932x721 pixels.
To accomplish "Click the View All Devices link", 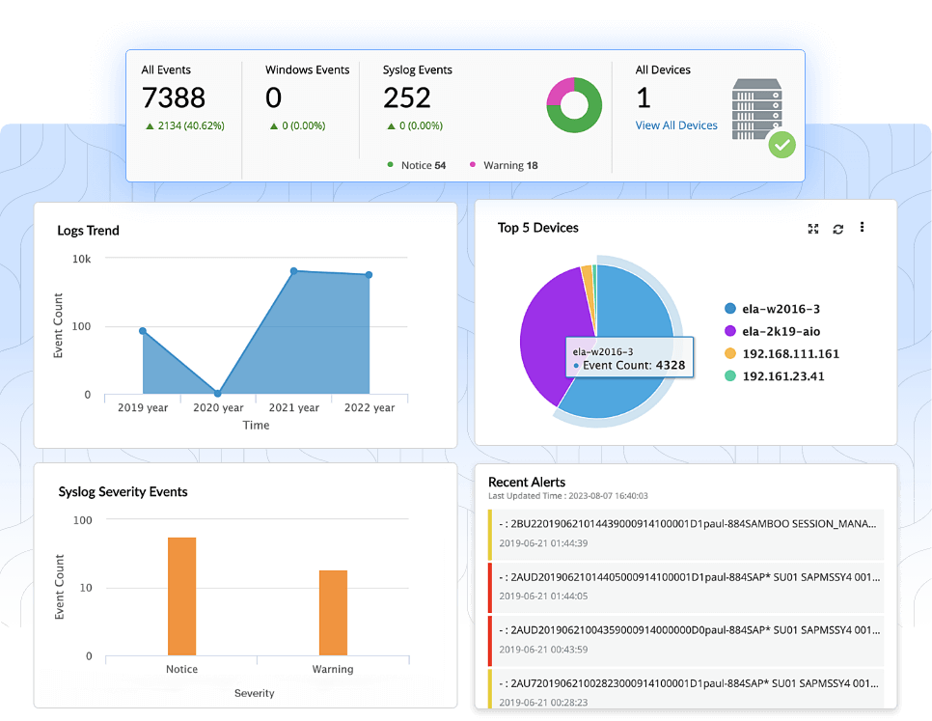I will point(676,125).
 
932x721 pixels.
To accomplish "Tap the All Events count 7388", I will point(174,97).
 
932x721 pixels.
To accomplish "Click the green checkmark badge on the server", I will point(781,146).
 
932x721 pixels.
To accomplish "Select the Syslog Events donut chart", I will point(574,104).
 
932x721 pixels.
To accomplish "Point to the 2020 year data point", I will point(218,393).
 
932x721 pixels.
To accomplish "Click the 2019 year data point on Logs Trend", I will point(143,331).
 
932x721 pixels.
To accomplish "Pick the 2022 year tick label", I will point(370,408).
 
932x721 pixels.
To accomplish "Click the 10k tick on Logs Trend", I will point(82,259).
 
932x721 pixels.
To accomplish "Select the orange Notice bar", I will point(181,596).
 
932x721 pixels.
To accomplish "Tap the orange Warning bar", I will point(333,612).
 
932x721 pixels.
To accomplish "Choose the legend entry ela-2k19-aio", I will point(781,331).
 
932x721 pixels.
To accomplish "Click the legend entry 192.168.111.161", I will point(790,354).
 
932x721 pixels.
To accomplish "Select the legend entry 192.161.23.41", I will point(782,376).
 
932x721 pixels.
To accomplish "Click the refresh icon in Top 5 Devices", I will point(837,229).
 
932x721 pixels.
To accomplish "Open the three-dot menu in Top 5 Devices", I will point(862,228).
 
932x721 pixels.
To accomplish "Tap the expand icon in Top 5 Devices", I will point(813,229).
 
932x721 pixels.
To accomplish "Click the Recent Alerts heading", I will point(527,482).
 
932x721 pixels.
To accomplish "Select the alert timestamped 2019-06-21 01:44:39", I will point(686,533).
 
